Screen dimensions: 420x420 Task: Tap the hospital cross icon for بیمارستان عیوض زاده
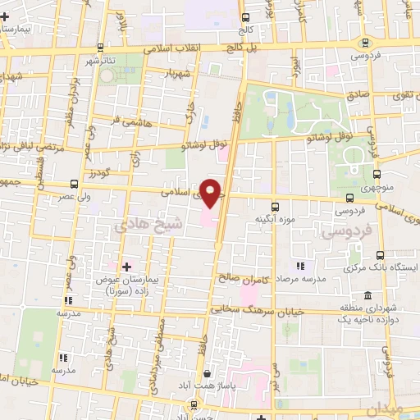[x=126, y=267]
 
